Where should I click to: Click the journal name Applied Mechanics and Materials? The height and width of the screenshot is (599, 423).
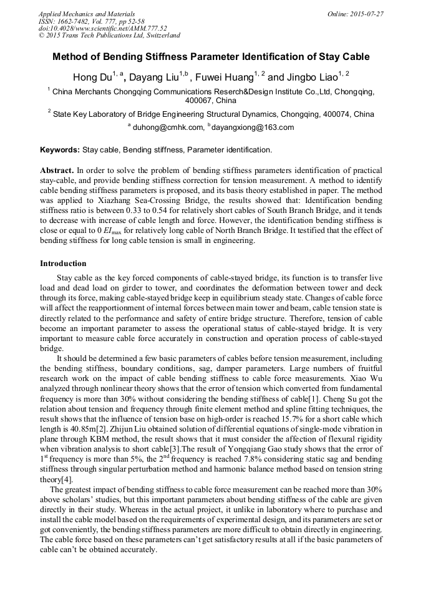click(x=87, y=13)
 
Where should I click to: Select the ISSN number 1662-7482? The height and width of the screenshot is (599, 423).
click(x=81, y=21)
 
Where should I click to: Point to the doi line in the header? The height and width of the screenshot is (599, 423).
click(x=102, y=28)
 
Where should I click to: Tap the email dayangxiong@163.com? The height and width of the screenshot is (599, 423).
click(x=253, y=127)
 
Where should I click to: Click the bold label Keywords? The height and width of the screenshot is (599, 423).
click(x=60, y=151)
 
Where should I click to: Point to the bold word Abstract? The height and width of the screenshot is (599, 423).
click(x=56, y=170)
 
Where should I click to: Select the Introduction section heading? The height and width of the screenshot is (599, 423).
click(x=63, y=264)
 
